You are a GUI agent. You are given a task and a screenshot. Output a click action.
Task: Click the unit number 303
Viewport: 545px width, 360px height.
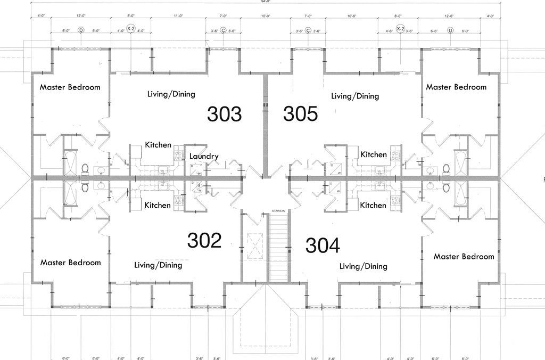[224, 114]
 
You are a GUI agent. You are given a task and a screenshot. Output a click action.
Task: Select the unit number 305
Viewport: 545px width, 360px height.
[300, 113]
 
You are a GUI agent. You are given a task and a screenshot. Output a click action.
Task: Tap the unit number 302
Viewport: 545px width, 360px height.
[204, 240]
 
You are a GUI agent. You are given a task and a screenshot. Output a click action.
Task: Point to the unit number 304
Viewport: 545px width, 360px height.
[323, 245]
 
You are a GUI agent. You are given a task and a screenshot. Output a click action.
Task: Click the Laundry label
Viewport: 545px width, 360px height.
[204, 156]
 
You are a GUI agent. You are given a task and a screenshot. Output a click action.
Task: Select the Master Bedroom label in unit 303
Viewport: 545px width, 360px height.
[70, 87]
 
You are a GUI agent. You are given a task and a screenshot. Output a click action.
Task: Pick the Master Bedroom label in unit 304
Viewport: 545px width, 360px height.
[464, 256]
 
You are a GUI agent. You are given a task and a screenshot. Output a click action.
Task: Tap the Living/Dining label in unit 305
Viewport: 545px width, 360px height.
[355, 96]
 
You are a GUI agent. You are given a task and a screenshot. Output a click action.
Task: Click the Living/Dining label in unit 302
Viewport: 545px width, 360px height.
[158, 265]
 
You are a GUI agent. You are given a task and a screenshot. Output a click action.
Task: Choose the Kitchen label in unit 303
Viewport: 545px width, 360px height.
[158, 144]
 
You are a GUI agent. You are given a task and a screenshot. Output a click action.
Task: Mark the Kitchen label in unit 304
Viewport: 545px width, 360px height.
[373, 205]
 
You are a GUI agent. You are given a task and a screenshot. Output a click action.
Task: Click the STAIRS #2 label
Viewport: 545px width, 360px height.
[279, 211]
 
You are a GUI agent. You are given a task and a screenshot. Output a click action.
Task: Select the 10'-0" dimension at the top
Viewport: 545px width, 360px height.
[266, 17]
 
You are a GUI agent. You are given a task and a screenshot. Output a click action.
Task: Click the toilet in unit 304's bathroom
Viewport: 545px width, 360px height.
[446, 187]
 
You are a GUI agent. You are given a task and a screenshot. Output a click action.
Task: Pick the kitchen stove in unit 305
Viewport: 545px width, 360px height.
[395, 156]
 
